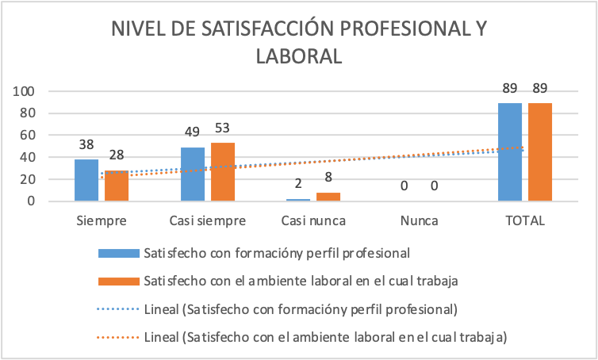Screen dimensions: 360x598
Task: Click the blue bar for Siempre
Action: point(86,180)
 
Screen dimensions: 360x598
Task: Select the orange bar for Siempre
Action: point(117,186)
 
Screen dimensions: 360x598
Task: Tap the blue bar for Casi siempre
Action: point(193,174)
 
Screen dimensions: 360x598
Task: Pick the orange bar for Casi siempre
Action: point(223,172)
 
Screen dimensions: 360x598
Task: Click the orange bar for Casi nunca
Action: point(328,197)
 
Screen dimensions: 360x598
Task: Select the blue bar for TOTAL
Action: point(510,152)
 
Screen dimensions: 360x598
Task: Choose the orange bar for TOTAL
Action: point(540,152)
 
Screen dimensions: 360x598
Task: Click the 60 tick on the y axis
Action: point(28,136)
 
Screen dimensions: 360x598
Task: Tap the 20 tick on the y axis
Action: point(28,179)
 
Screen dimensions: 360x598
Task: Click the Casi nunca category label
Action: point(313,220)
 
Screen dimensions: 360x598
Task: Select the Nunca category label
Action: point(419,220)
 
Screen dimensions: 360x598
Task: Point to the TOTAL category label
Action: point(525,220)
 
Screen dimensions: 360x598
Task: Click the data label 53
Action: point(223,128)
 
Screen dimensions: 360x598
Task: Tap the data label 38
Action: point(86,145)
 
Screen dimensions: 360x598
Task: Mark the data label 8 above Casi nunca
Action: point(328,178)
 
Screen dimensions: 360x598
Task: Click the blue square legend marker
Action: point(119,254)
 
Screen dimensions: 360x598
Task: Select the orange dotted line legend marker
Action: point(119,338)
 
